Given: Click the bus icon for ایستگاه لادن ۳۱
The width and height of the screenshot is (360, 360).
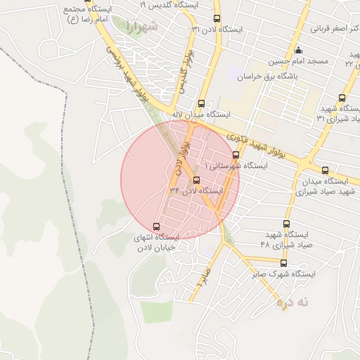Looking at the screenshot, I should click(216, 19).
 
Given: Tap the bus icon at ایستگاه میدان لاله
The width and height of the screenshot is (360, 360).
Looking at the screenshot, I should click(202, 103).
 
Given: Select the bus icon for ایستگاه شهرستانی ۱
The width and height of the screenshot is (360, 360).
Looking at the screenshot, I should click(236, 155).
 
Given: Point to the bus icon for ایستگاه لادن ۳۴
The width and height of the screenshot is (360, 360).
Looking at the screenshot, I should click(196, 180).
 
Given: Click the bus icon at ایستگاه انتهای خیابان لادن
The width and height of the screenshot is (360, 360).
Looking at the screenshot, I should click(156, 227).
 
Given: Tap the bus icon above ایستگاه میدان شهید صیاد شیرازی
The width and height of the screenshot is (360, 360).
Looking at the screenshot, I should click(324, 170).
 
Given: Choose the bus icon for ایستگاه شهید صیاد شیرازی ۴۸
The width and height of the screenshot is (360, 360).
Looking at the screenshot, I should click(285, 224).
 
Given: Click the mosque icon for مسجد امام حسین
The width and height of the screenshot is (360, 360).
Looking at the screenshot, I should click(299, 50).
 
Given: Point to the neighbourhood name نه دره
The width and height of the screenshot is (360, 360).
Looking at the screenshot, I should click(292, 302).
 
